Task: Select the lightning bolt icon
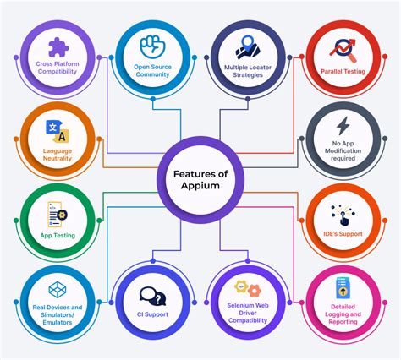(x=343, y=126)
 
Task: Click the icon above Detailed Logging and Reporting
(x=343, y=290)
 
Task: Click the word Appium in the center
(x=200, y=186)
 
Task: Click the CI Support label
(x=152, y=315)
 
